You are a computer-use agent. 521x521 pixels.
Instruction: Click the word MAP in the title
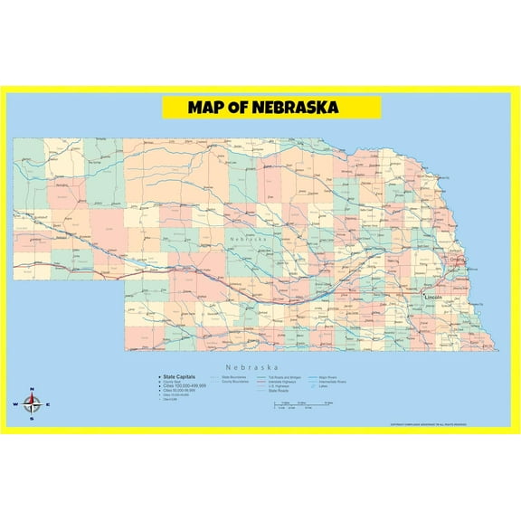click(x=205, y=108)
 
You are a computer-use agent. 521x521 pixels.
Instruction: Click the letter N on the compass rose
click(x=32, y=390)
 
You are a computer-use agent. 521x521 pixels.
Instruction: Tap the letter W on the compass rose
click(x=14, y=404)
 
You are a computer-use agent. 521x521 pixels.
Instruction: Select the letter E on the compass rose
click(x=48, y=404)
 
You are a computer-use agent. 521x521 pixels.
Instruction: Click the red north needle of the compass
click(x=32, y=397)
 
